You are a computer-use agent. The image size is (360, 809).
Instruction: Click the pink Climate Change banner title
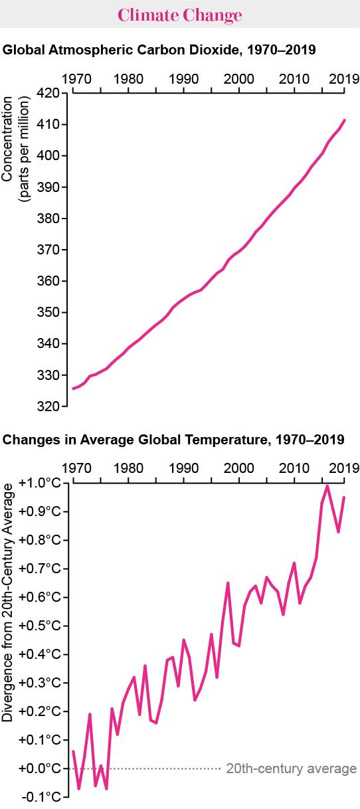tap(180, 15)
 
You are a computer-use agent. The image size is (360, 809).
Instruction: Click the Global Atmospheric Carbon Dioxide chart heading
tap(159, 50)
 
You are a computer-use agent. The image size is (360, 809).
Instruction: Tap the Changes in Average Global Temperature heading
tap(173, 440)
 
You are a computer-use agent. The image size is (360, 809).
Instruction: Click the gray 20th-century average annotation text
tap(291, 769)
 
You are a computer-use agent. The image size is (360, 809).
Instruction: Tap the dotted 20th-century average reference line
tap(166, 768)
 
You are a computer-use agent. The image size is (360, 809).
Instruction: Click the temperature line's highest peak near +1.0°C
tap(327, 486)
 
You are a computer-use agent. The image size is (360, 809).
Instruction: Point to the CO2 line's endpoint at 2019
tap(344, 120)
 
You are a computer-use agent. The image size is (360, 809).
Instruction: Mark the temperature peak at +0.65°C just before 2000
tap(228, 583)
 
